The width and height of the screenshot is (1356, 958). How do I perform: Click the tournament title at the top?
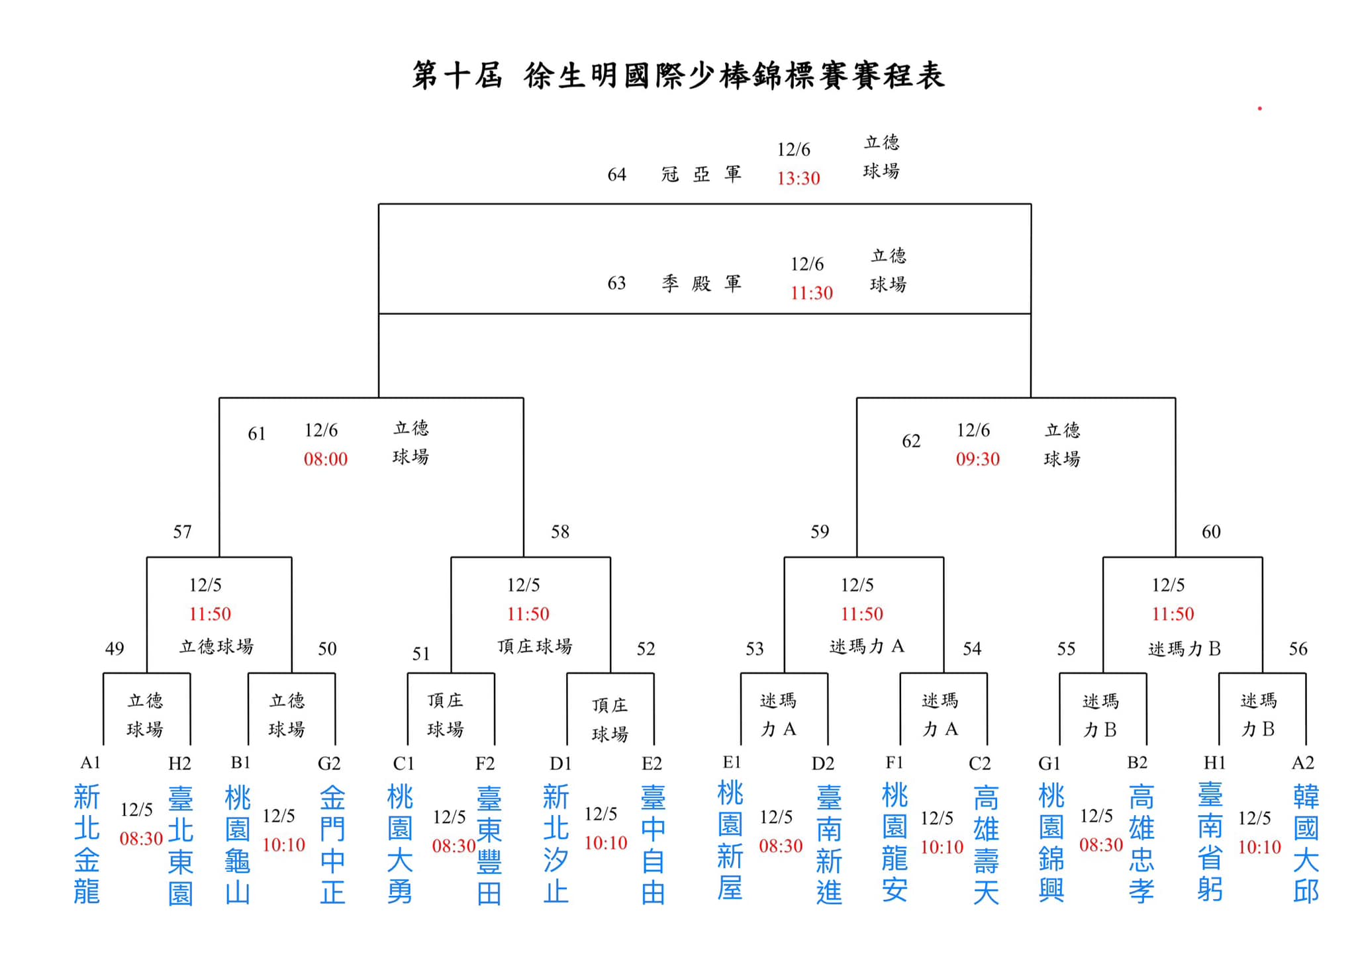click(678, 75)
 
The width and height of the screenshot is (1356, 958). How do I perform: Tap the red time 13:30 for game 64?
click(799, 178)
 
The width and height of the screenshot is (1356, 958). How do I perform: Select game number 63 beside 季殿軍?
click(616, 283)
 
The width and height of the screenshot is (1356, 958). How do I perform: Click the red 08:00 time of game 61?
click(326, 459)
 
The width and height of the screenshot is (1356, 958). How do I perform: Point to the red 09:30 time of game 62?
click(978, 459)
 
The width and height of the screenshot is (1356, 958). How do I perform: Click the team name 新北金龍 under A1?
click(87, 844)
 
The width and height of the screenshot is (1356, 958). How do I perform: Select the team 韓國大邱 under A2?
click(1306, 844)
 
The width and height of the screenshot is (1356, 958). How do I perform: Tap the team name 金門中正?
click(332, 845)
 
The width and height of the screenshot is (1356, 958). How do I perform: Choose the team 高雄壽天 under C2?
click(986, 845)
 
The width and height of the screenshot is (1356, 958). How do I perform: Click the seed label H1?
click(1214, 763)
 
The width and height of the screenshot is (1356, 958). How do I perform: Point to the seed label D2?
click(823, 763)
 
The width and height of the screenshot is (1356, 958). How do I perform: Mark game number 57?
click(182, 532)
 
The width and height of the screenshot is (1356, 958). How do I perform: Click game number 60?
click(1211, 532)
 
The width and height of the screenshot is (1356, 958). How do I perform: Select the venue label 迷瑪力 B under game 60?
click(1185, 648)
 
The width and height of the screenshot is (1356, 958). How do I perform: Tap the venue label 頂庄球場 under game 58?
click(535, 646)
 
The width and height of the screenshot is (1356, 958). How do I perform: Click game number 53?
click(755, 648)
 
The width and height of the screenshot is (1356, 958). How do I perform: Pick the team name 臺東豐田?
click(489, 845)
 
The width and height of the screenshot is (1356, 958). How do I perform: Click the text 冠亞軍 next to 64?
click(701, 174)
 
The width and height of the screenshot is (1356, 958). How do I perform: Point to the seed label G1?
click(1049, 763)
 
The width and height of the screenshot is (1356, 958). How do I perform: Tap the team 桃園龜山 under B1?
click(238, 845)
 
